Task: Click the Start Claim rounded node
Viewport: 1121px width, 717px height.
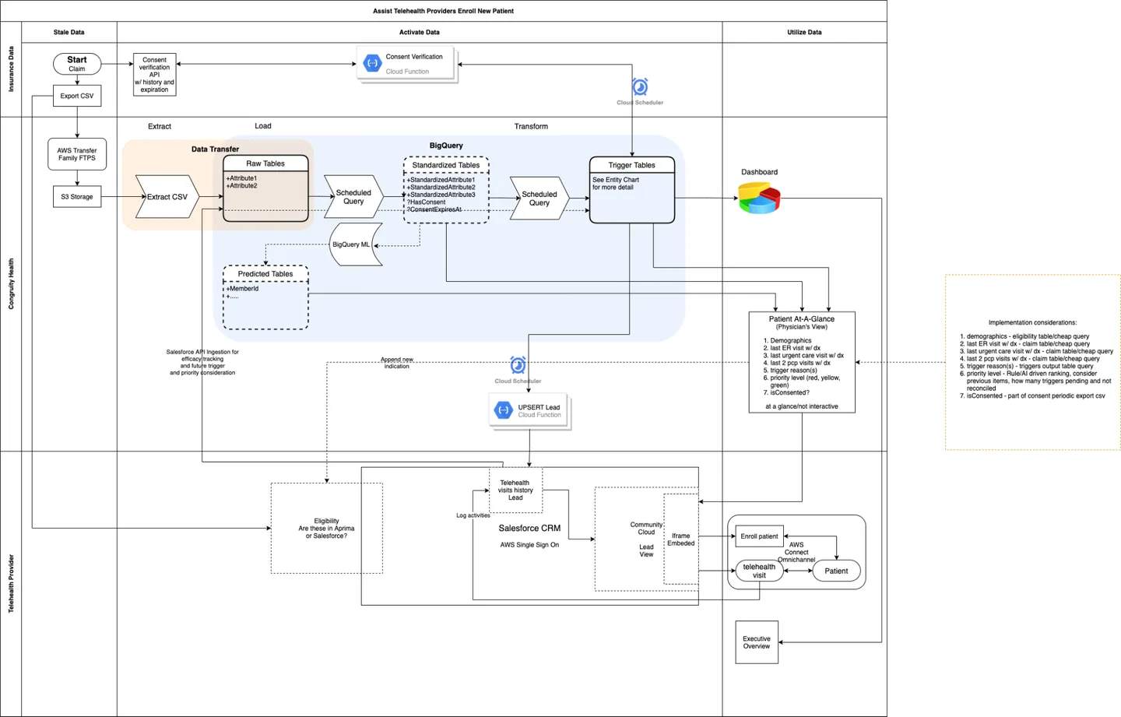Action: tap(76, 63)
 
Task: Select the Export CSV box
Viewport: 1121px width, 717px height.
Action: tap(76, 96)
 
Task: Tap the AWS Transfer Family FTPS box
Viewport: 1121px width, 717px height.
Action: tap(76, 154)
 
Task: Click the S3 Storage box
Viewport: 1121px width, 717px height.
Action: tap(76, 197)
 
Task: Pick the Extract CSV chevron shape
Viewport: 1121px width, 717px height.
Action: tap(167, 197)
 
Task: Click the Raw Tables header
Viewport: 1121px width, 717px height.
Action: tap(265, 163)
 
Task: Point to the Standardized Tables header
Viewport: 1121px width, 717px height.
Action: tap(445, 165)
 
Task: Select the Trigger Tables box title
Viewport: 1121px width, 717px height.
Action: tap(631, 165)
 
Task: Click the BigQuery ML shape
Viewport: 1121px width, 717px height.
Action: tap(353, 244)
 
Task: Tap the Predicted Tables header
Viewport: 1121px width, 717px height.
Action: tap(265, 274)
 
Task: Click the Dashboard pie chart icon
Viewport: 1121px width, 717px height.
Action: tap(758, 198)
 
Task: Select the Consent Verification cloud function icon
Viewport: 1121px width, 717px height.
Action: tap(372, 63)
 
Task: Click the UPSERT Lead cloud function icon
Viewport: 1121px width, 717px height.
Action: tap(504, 410)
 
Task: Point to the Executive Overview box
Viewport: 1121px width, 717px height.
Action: tap(756, 642)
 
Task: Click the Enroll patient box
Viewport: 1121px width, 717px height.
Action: tap(759, 536)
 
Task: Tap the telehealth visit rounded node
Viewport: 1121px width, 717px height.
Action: tap(759, 571)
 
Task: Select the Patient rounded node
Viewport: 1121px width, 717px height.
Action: tap(836, 571)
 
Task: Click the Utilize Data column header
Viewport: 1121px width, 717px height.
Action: tap(804, 32)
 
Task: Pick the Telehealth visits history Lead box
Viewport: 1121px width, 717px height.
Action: tap(515, 490)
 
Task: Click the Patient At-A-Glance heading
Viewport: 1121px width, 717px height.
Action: tap(801, 319)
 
